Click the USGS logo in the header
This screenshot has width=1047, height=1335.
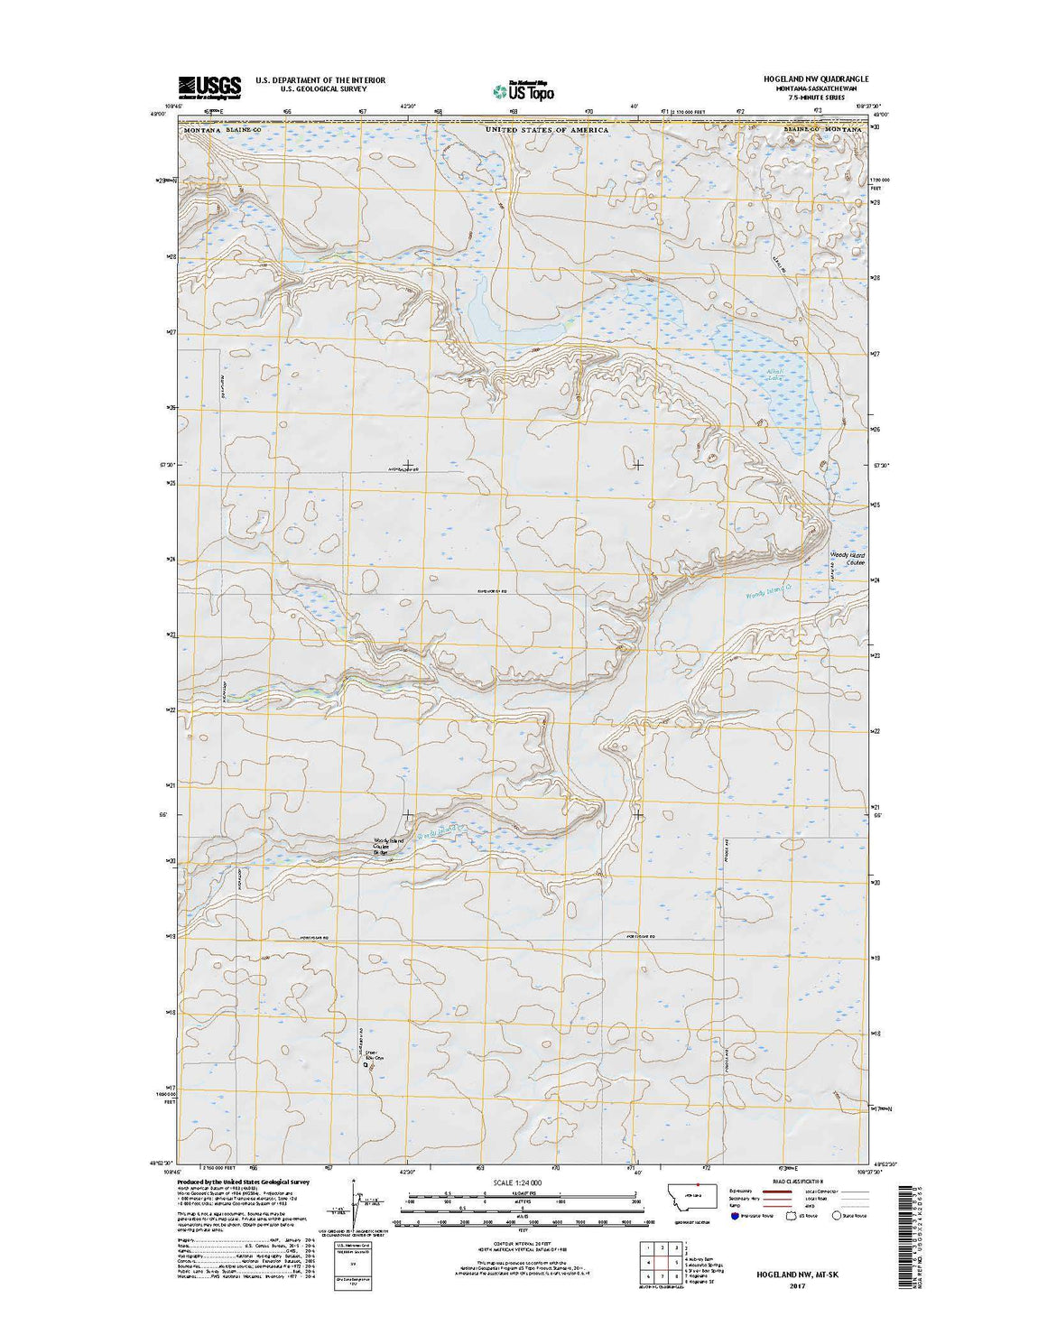[209, 87]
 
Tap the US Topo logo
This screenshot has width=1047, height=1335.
[523, 90]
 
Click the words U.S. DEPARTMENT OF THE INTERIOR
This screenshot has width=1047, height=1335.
[320, 80]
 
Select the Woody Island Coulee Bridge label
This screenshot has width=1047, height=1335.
[385, 846]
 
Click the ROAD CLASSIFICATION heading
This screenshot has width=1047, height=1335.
[784, 1180]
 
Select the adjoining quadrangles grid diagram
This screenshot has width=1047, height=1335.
[661, 1261]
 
